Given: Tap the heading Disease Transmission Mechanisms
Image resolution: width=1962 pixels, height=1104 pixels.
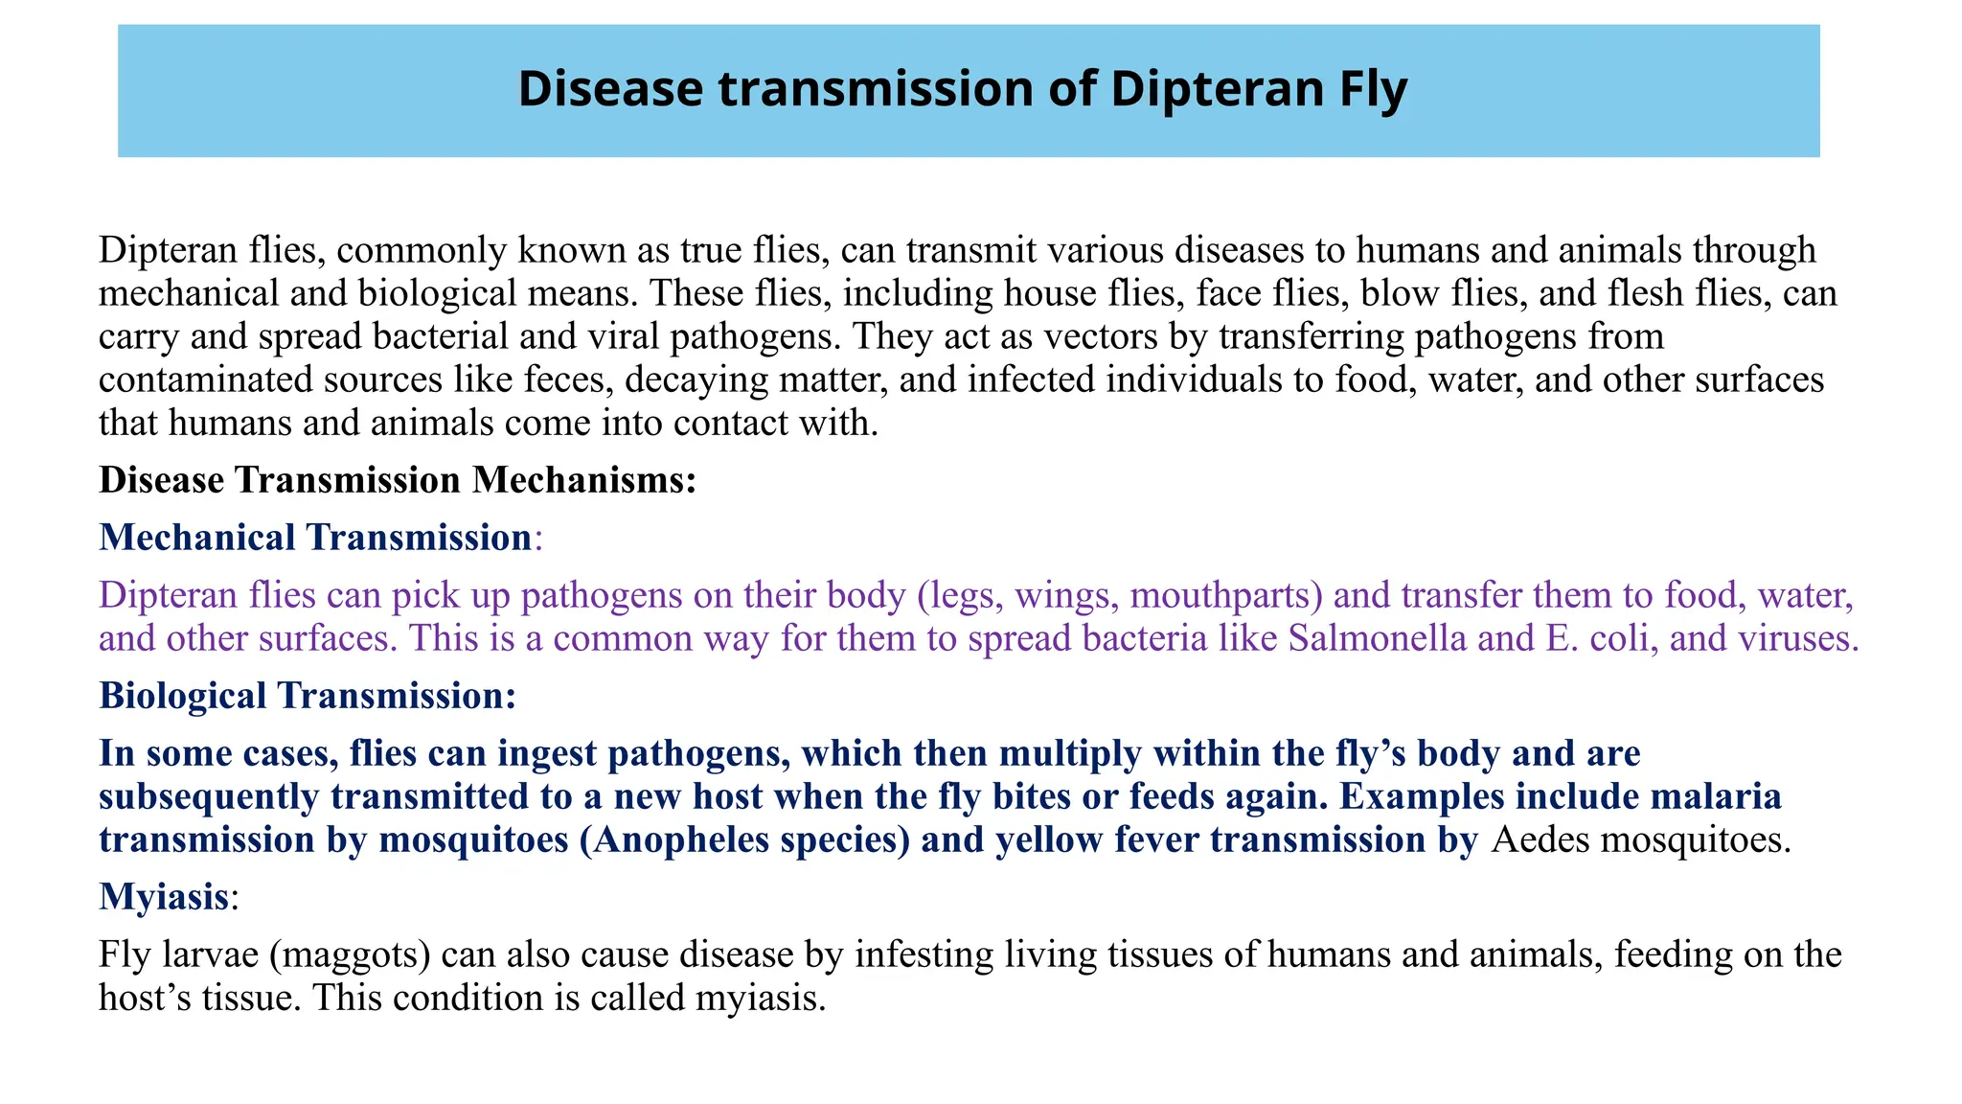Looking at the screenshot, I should point(397,480).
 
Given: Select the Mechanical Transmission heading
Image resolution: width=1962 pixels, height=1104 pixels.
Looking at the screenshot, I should point(315,538).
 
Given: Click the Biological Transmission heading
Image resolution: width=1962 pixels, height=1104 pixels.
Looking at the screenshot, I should point(307,696).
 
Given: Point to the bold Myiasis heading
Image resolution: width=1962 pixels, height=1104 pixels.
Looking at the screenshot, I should point(164,897).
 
